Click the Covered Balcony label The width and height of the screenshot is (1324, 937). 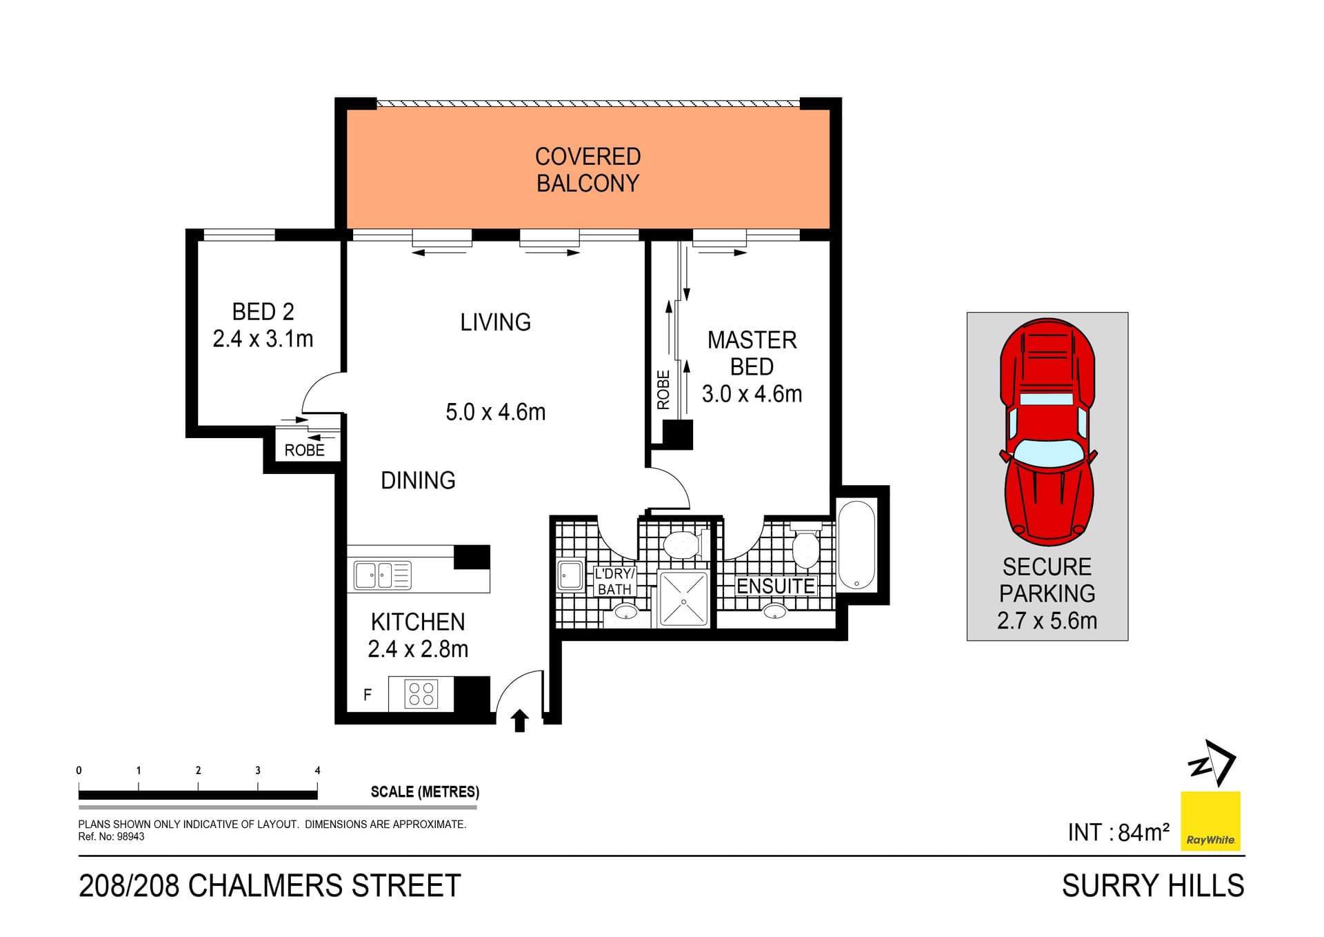pyautogui.click(x=588, y=170)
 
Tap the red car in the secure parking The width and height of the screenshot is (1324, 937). pyautogui.click(x=1047, y=431)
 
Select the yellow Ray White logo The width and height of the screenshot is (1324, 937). pyautogui.click(x=1210, y=820)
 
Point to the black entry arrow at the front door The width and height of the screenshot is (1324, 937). pyautogui.click(x=520, y=721)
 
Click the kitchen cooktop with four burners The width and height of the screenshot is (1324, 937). pyautogui.click(x=421, y=693)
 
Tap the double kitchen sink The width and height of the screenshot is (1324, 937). pyautogui.click(x=382, y=575)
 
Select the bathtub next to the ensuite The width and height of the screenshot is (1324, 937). pyautogui.click(x=856, y=545)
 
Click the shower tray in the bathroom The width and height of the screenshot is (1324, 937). pyautogui.click(x=683, y=599)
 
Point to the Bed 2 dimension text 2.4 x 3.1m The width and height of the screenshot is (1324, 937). pyautogui.click(x=263, y=339)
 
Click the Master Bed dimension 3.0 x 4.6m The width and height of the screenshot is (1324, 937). pyautogui.click(x=752, y=394)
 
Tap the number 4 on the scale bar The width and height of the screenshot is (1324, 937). pyautogui.click(x=317, y=770)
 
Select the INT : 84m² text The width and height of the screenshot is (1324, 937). pyautogui.click(x=1118, y=832)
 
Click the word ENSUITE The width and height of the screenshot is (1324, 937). pyautogui.click(x=775, y=586)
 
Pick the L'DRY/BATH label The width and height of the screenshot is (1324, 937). pyautogui.click(x=614, y=581)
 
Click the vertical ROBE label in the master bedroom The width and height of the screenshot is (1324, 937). pyautogui.click(x=663, y=390)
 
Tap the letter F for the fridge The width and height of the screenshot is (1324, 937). pyautogui.click(x=368, y=695)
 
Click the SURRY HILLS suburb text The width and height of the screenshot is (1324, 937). pyautogui.click(x=1152, y=886)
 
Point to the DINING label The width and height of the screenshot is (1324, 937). pyautogui.click(x=418, y=480)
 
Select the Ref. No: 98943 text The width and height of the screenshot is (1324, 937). pyautogui.click(x=111, y=837)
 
